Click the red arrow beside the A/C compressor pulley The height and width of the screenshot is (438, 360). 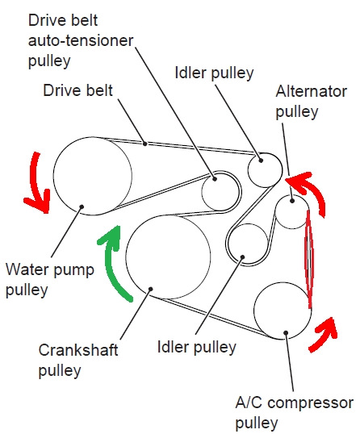pyautogui.click(x=325, y=334)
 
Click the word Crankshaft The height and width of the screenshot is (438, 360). pyautogui.click(x=78, y=350)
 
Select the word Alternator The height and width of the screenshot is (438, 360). pyautogui.click(x=311, y=91)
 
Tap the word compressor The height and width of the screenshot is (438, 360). pyautogui.click(x=310, y=403)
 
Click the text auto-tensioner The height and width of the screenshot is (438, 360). pyautogui.click(x=81, y=41)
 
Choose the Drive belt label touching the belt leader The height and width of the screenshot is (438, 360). pyautogui.click(x=77, y=90)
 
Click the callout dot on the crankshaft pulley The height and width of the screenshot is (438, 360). pyautogui.click(x=150, y=289)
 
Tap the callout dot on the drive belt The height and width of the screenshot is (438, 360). pyautogui.click(x=144, y=144)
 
